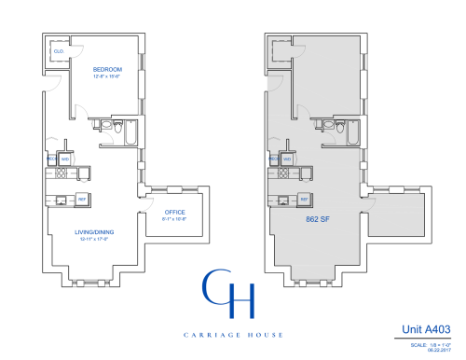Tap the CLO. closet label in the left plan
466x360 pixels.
click(x=58, y=51)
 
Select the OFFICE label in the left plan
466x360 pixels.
click(x=149, y=212)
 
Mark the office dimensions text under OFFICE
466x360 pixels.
click(x=149, y=219)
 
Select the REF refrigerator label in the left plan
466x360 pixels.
click(x=81, y=199)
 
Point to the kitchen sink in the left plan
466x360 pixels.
click(x=62, y=199)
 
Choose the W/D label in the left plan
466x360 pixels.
click(x=65, y=159)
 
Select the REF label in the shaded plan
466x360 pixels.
click(x=305, y=199)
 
